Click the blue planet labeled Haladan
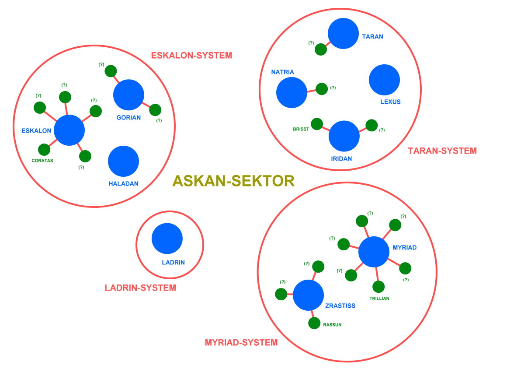pyautogui.click(x=123, y=161)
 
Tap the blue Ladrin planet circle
pyautogui.click(x=167, y=239)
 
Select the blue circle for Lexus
pyautogui.click(x=384, y=80)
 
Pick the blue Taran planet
pyautogui.click(x=343, y=33)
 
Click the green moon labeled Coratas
pyautogui.click(x=44, y=150)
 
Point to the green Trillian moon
pyautogui.click(x=379, y=287)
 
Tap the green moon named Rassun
pyautogui.click(x=314, y=323)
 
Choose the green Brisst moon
pyautogui.click(x=316, y=124)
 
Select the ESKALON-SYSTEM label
pyautogui.click(x=191, y=56)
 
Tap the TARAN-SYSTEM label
pyautogui.click(x=442, y=151)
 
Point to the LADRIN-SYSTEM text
pyautogui.click(x=140, y=288)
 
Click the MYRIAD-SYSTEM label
pyautogui.click(x=241, y=343)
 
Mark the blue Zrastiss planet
pyautogui.click(x=308, y=295)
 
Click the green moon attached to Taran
pyautogui.click(x=321, y=49)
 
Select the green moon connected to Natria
pyautogui.click(x=322, y=89)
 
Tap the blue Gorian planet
pyautogui.click(x=128, y=95)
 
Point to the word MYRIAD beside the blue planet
pyautogui.click(x=404, y=248)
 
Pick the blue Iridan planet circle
pyautogui.click(x=344, y=136)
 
